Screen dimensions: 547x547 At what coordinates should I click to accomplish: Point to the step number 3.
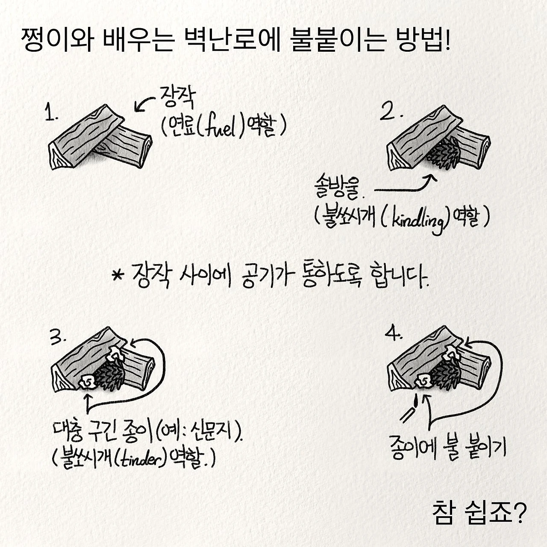[x=58, y=338]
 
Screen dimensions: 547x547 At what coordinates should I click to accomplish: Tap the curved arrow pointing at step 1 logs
[x=144, y=103]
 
